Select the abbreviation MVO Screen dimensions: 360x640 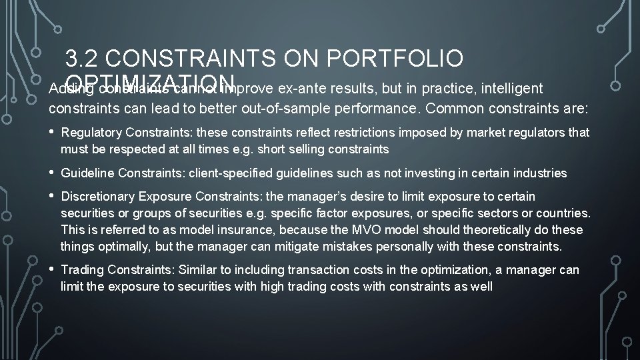pos(356,230)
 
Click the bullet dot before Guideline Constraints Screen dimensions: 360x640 pos(52,173)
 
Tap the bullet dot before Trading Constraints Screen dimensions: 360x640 pos(52,270)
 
